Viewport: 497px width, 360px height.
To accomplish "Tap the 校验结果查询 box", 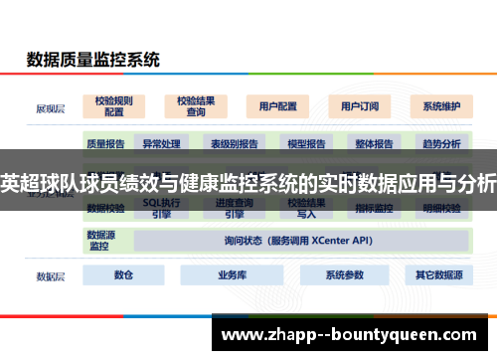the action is click(196, 105).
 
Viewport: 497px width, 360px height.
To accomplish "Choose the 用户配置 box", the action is click(277, 105).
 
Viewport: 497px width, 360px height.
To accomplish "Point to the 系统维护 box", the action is click(440, 105).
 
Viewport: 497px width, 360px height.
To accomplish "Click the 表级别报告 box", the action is click(234, 143).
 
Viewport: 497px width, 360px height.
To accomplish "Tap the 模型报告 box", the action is click(306, 143).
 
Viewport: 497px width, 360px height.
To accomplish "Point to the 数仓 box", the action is click(124, 274).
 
